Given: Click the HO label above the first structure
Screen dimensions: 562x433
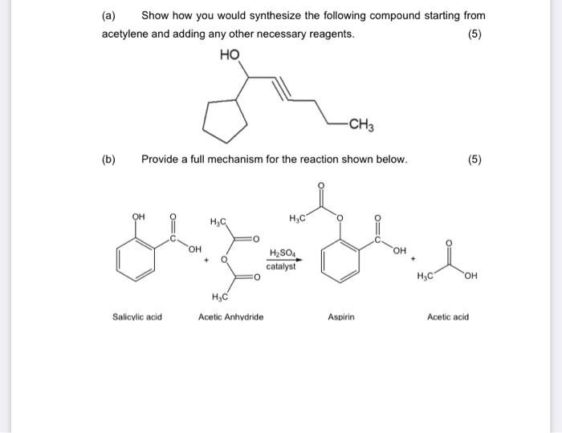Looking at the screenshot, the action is (x=229, y=55).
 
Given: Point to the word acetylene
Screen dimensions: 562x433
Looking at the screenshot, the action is (x=126, y=34).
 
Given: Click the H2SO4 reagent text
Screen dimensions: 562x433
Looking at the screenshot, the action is (x=281, y=254).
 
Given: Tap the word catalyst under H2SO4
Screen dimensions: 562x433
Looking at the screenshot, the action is (x=281, y=266).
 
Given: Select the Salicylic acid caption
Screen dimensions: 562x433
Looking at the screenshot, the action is (x=137, y=317).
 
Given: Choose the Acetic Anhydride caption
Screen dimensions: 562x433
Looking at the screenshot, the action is (x=230, y=317).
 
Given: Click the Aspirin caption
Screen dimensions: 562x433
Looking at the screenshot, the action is (x=340, y=317).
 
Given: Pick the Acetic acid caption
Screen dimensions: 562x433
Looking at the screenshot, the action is (x=448, y=317).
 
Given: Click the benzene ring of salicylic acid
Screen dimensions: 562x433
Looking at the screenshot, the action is (x=137, y=257).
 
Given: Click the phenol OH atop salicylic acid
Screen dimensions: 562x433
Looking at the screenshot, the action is (x=138, y=216).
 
